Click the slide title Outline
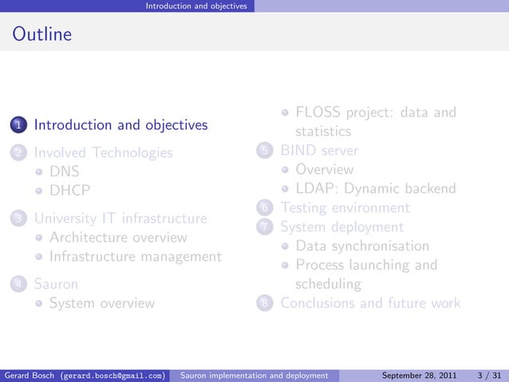click(x=41, y=35)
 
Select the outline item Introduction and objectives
click(x=120, y=125)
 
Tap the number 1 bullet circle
click(x=18, y=125)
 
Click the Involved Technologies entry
click(x=103, y=152)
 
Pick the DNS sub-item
click(x=65, y=171)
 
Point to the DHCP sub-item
click(x=69, y=191)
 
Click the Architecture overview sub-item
click(x=118, y=238)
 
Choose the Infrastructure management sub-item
click(x=135, y=257)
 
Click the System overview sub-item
click(x=102, y=303)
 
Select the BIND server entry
click(x=319, y=150)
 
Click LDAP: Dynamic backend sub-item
click(x=375, y=189)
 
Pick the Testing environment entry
click(x=345, y=208)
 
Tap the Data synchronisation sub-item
click(x=362, y=246)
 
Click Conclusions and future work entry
click(x=370, y=303)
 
